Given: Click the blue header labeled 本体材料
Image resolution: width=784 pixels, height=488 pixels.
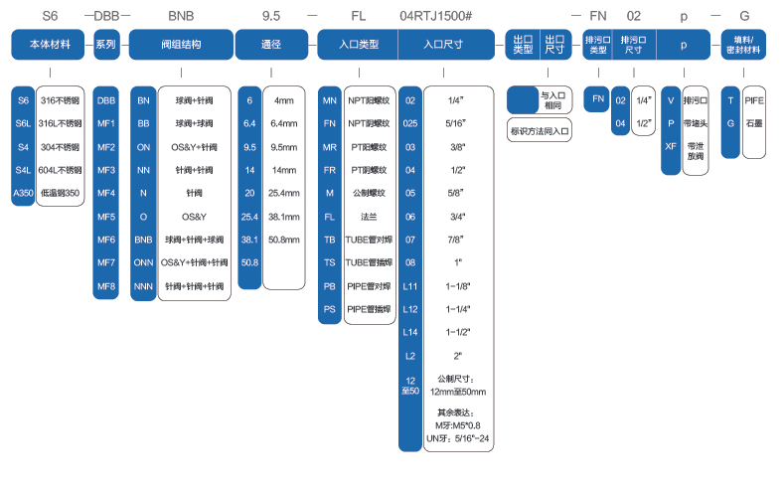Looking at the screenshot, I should click(48, 45).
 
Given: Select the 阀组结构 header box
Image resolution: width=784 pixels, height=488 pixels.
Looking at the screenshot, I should click(181, 45).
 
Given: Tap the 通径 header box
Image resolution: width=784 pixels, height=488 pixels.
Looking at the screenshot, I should click(271, 45).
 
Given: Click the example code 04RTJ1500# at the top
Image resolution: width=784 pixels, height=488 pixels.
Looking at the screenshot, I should click(441, 18).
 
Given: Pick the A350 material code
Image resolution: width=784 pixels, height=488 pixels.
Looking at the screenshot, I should click(22, 192).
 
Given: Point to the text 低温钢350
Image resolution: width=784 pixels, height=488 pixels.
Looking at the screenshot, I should click(60, 192).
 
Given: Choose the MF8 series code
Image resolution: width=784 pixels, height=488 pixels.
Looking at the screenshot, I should click(106, 286).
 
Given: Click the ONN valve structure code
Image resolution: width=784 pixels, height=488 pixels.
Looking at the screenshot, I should click(144, 262).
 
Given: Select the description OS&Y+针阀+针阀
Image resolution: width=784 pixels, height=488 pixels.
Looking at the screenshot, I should click(194, 262).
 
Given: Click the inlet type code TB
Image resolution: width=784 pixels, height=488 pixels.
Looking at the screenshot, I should click(329, 240).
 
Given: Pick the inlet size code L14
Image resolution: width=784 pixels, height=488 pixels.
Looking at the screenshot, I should click(409, 332).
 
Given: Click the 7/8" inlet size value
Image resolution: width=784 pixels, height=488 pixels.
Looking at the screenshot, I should click(456, 240).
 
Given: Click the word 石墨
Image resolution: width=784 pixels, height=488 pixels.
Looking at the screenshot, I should click(754, 122).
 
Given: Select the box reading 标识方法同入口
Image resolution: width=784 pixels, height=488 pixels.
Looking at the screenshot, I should click(540, 129).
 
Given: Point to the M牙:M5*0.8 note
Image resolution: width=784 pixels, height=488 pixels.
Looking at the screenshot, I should click(456, 425).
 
